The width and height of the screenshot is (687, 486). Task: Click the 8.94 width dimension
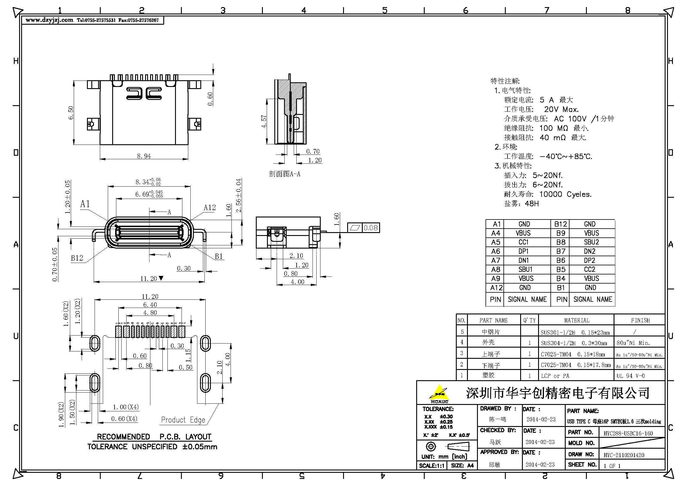point(144,156)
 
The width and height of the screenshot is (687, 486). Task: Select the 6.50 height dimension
point(71,113)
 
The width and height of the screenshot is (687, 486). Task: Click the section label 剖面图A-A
point(284,174)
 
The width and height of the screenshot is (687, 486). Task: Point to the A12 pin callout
point(209,207)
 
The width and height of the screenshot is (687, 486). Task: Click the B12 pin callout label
point(77,258)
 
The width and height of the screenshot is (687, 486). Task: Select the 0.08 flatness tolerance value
point(370,228)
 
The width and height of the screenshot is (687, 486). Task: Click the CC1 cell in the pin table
point(524,242)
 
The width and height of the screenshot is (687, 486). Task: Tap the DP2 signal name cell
point(589,260)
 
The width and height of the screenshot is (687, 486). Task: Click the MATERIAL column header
point(577,320)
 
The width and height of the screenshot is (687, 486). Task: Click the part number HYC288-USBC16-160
point(628,433)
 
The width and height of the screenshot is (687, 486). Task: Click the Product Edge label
point(183,420)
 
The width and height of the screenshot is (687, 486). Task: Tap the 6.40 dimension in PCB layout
point(150,305)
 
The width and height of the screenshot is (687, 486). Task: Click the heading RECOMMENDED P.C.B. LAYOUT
point(154,437)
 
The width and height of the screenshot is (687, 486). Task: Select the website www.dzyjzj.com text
point(49,20)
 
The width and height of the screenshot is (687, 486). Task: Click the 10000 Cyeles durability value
point(565,194)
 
